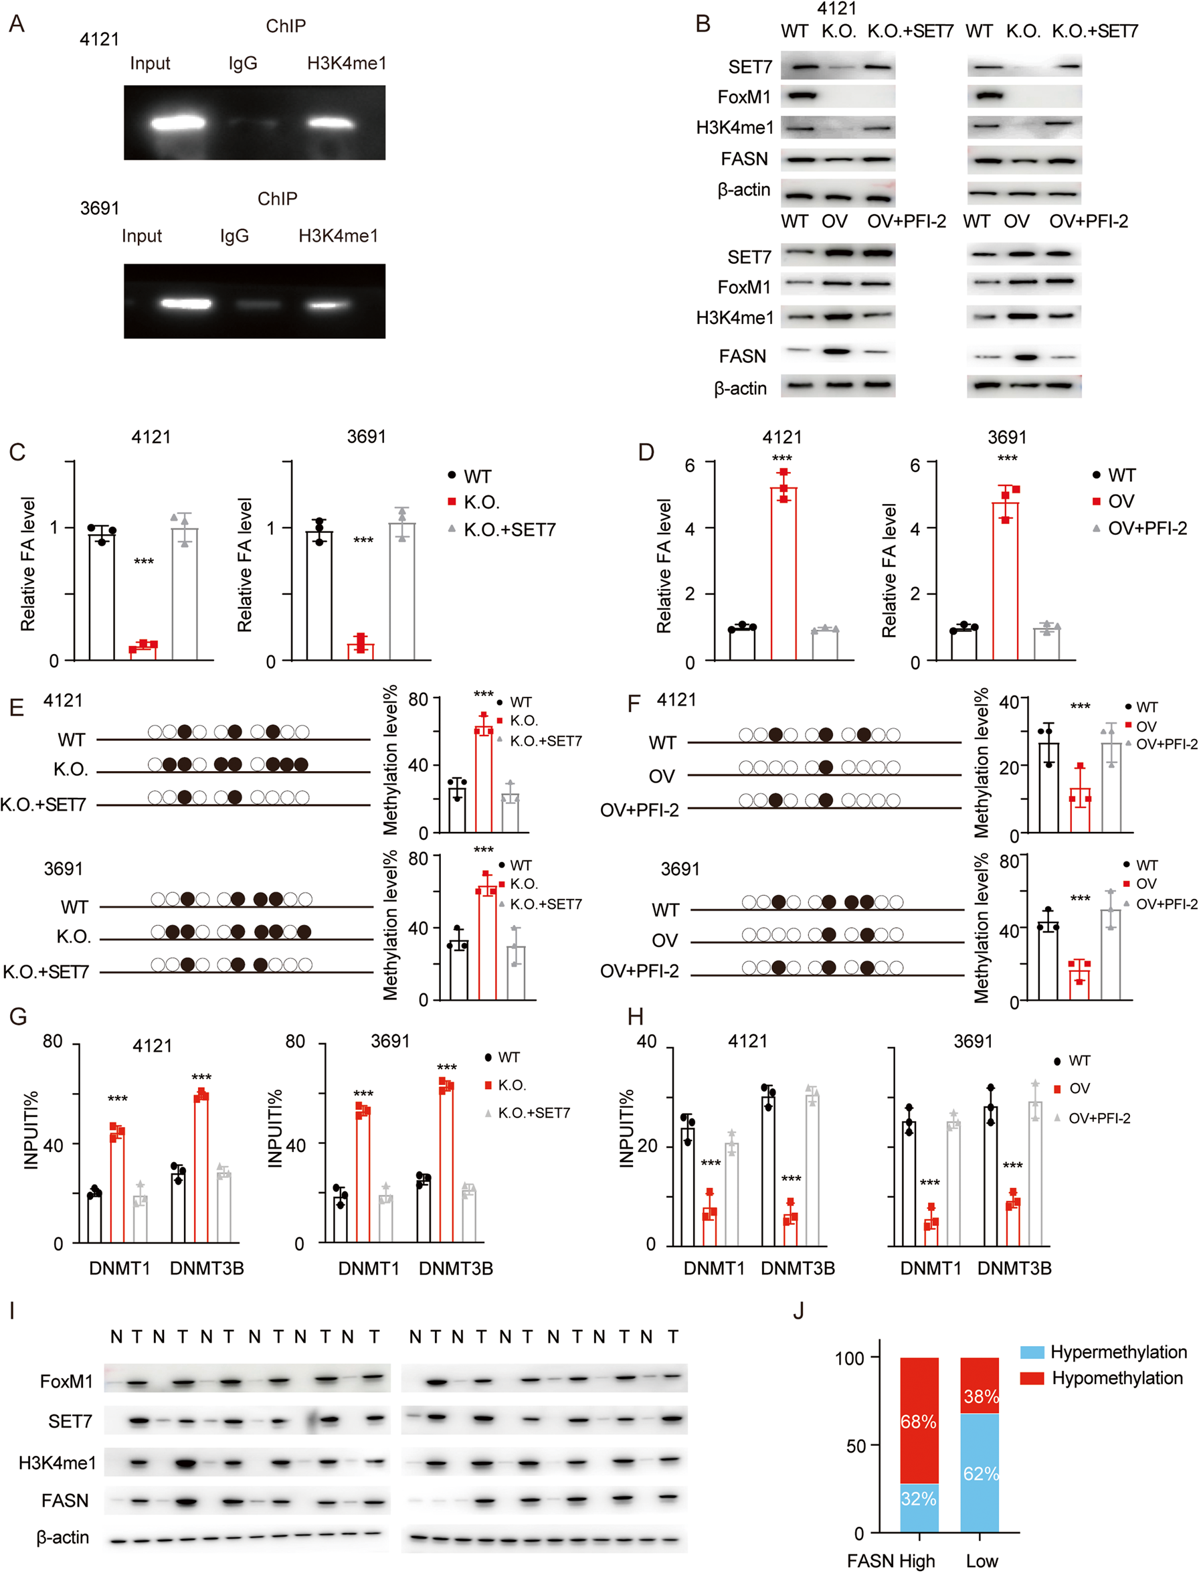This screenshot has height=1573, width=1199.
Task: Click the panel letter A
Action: pyautogui.click(x=17, y=23)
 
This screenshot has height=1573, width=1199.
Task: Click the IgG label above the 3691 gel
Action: pyautogui.click(x=234, y=236)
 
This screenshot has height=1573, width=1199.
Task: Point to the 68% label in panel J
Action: pyautogui.click(x=918, y=1422)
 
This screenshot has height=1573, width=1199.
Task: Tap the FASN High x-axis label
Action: pyautogui.click(x=890, y=1560)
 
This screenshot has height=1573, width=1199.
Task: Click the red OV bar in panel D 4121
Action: pyautogui.click(x=783, y=571)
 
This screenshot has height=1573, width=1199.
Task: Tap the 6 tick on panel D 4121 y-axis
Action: pyautogui.click(x=689, y=466)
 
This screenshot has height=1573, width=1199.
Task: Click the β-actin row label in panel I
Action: pyautogui.click(x=63, y=1537)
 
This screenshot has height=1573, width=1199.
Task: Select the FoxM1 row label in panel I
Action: pyautogui.click(x=66, y=1381)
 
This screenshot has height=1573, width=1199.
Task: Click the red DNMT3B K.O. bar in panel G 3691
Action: pyautogui.click(x=446, y=1164)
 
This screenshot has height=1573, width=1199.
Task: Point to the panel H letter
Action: pyautogui.click(x=635, y=1016)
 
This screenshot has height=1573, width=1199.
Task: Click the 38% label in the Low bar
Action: pyautogui.click(x=981, y=1396)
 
